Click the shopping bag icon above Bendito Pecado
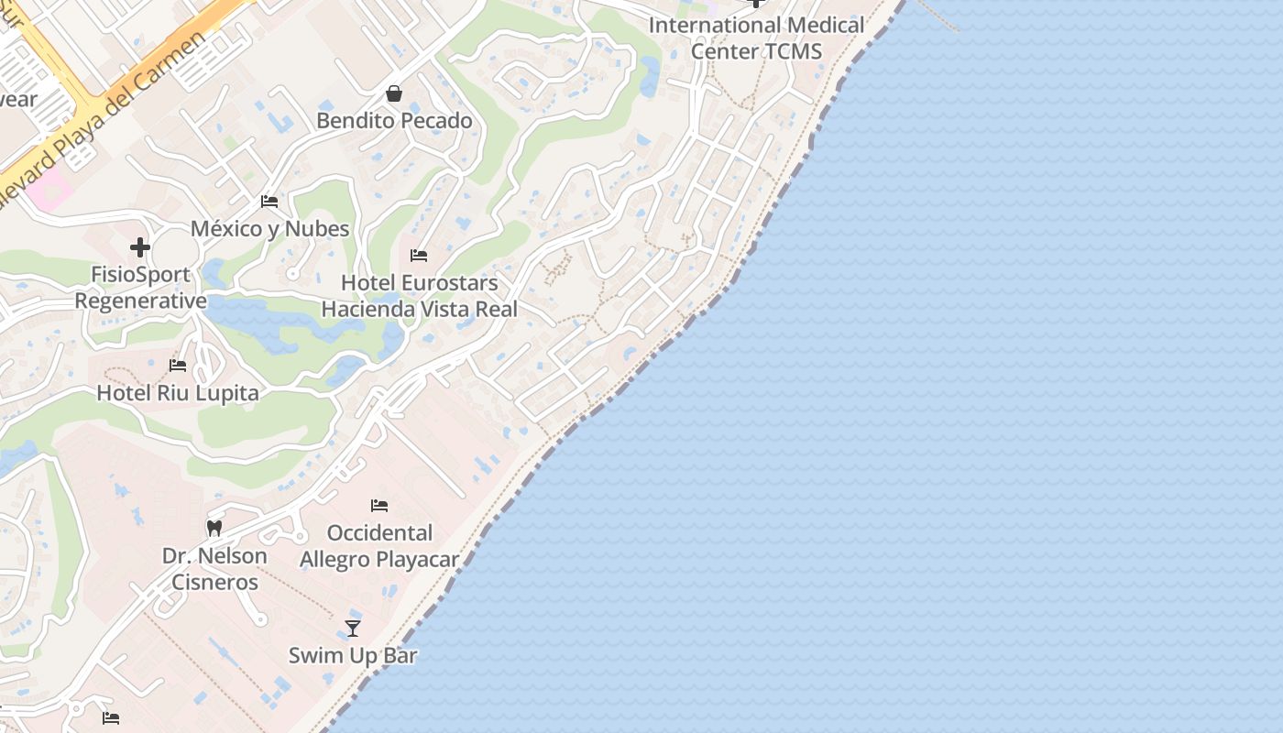click(x=394, y=93)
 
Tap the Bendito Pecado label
click(x=394, y=121)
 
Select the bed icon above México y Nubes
click(x=269, y=201)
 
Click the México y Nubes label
click(x=269, y=228)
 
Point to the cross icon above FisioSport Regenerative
click(x=140, y=247)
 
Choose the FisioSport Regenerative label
click(x=140, y=288)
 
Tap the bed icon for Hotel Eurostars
click(x=419, y=256)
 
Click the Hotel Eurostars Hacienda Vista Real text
click(x=419, y=296)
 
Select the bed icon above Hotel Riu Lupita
click(x=178, y=366)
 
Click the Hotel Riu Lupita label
click(x=178, y=393)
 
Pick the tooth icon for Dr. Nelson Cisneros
click(x=214, y=528)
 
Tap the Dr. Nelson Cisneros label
click(x=214, y=569)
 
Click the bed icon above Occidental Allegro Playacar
click(x=379, y=505)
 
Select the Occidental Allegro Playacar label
click(x=379, y=546)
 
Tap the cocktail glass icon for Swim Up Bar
click(x=353, y=628)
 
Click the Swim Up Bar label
click(x=353, y=655)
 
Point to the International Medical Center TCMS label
click(x=756, y=38)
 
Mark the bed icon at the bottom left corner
click(x=111, y=718)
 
